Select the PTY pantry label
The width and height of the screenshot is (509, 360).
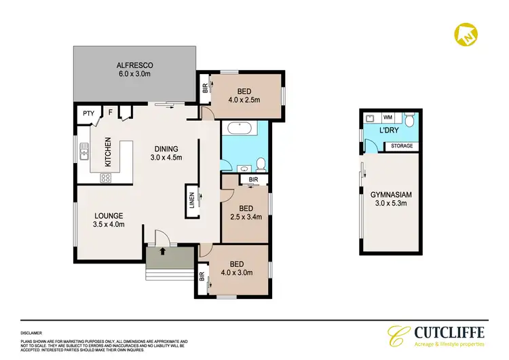88,113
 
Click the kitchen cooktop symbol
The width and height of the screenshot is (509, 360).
106,177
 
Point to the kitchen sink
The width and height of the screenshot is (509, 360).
84,151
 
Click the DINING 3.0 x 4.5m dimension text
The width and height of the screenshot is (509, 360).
166,159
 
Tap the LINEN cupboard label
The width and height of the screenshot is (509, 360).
191,200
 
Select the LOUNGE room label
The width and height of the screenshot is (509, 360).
109,216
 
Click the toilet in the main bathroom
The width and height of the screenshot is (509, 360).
261,163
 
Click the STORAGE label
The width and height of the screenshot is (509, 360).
399,145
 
